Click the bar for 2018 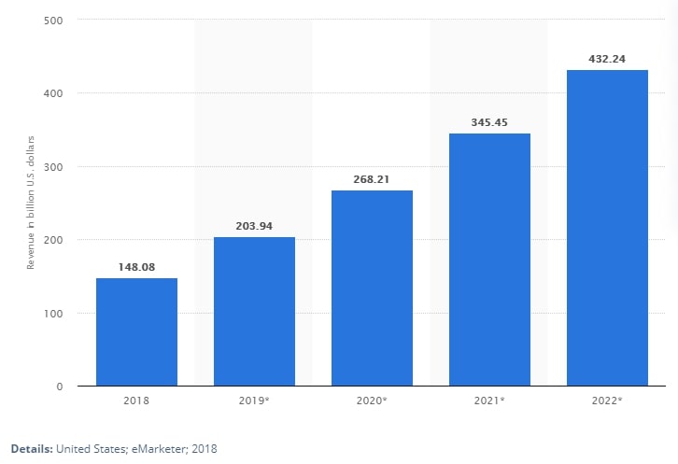(x=136, y=331)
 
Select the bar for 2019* (x=254, y=311)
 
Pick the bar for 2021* (x=489, y=260)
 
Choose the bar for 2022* (x=607, y=228)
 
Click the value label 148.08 (x=136, y=267)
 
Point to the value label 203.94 (x=254, y=226)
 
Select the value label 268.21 (x=372, y=179)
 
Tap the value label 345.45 (x=489, y=122)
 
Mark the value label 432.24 (x=607, y=59)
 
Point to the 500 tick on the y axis (x=52, y=20)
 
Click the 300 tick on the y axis (x=52, y=167)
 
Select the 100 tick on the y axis (x=52, y=314)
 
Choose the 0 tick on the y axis (x=59, y=387)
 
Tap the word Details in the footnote (x=30, y=449)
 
